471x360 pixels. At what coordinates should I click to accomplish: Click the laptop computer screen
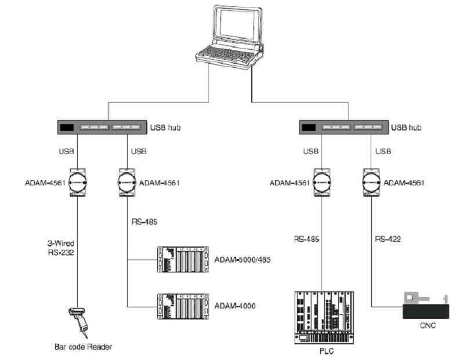click(x=237, y=23)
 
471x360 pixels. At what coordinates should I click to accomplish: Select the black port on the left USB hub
click(x=67, y=128)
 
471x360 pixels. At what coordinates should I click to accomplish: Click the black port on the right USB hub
click(x=309, y=128)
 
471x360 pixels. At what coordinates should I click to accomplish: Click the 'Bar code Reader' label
click(x=83, y=347)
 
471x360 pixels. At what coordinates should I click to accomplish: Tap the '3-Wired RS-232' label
click(x=61, y=248)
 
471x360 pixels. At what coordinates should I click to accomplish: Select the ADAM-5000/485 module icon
click(x=183, y=259)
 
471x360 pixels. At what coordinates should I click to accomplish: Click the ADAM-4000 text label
click(x=235, y=306)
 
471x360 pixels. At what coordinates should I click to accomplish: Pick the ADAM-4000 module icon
click(x=183, y=306)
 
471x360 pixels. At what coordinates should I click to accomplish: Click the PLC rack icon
click(x=324, y=318)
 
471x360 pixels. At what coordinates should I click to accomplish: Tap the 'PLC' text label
click(x=327, y=351)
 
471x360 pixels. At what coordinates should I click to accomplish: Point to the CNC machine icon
click(x=426, y=307)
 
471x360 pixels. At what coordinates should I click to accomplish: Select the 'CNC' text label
click(x=427, y=325)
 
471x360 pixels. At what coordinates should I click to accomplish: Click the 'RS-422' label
click(x=388, y=239)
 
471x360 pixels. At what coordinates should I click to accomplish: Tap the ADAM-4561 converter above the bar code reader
click(x=78, y=183)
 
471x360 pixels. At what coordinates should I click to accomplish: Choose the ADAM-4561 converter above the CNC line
click(x=371, y=183)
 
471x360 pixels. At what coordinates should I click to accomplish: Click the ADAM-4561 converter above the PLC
click(x=322, y=183)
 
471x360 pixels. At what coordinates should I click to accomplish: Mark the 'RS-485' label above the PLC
click(x=306, y=239)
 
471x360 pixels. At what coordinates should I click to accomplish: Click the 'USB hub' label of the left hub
click(x=165, y=128)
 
